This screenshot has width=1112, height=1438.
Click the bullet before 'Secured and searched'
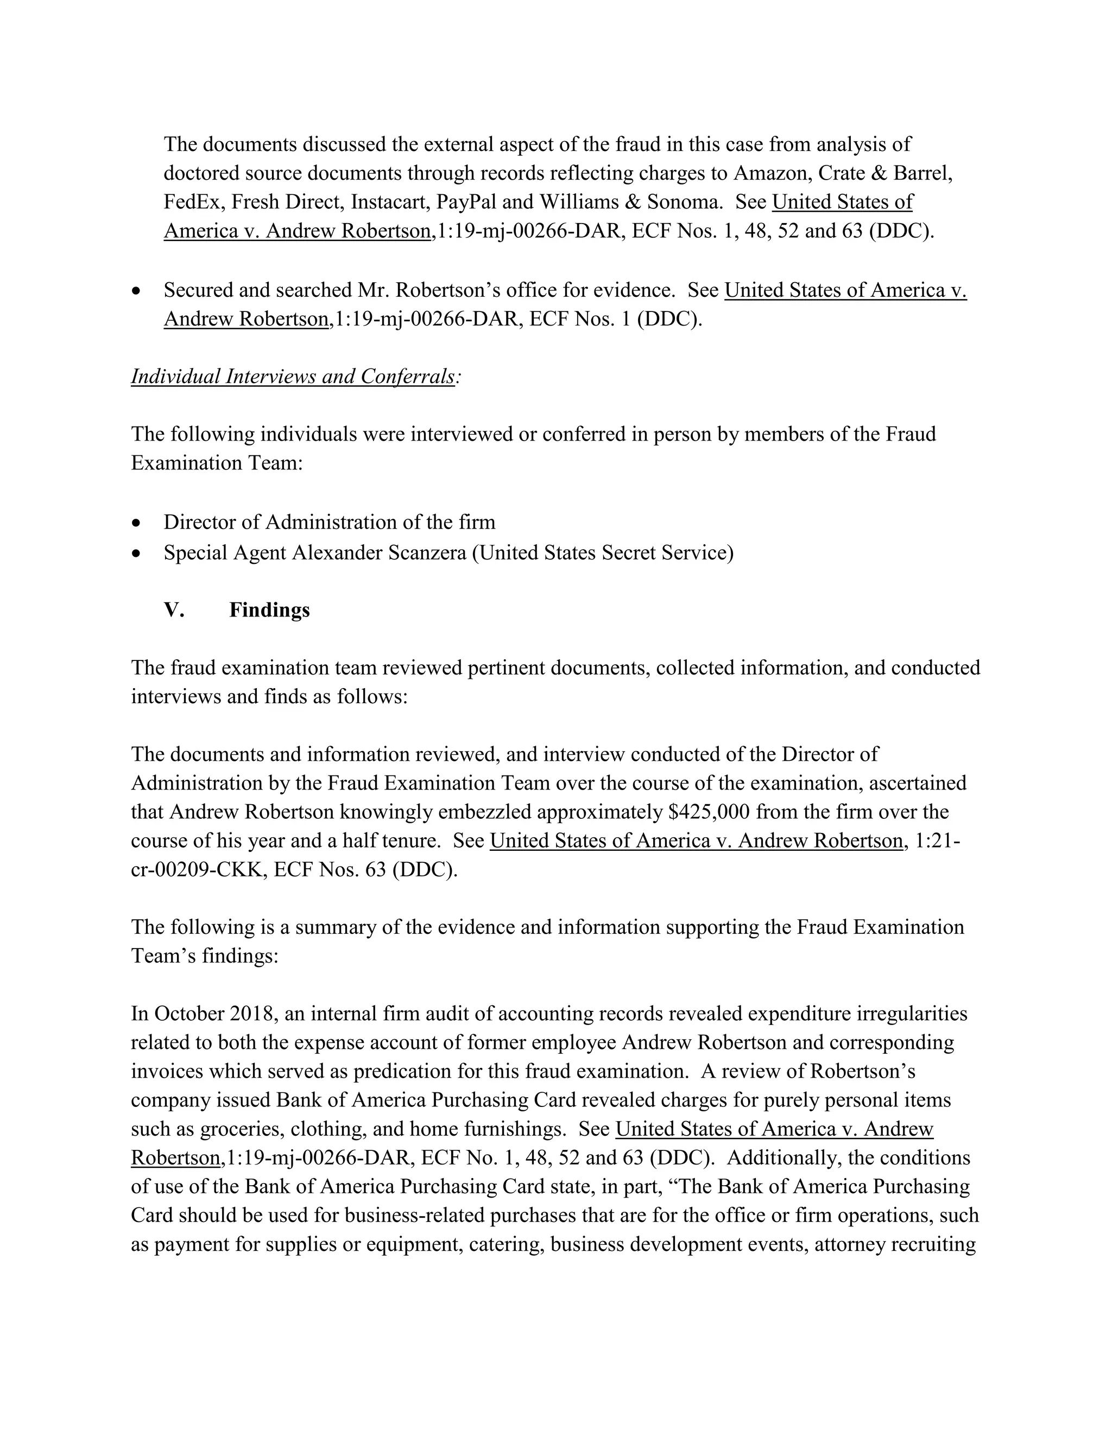(136, 291)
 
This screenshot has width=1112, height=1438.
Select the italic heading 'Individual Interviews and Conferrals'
(293, 377)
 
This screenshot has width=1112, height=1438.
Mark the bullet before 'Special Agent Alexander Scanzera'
(136, 553)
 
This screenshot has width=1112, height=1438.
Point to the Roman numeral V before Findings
(173, 610)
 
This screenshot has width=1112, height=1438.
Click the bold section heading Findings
(269, 610)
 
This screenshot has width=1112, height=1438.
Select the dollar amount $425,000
(709, 812)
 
